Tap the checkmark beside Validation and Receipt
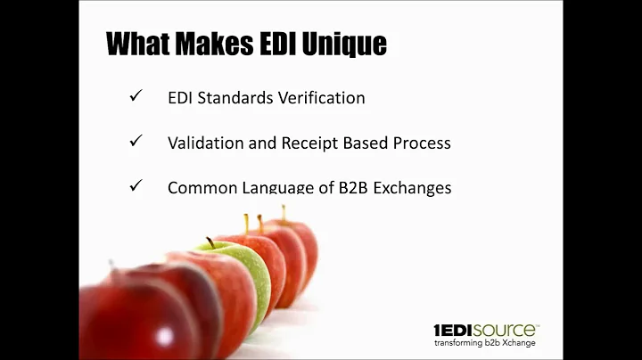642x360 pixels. (x=136, y=142)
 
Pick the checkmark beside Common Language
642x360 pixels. (x=136, y=187)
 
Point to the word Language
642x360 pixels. (x=274, y=188)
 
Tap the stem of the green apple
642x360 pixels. (x=210, y=241)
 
